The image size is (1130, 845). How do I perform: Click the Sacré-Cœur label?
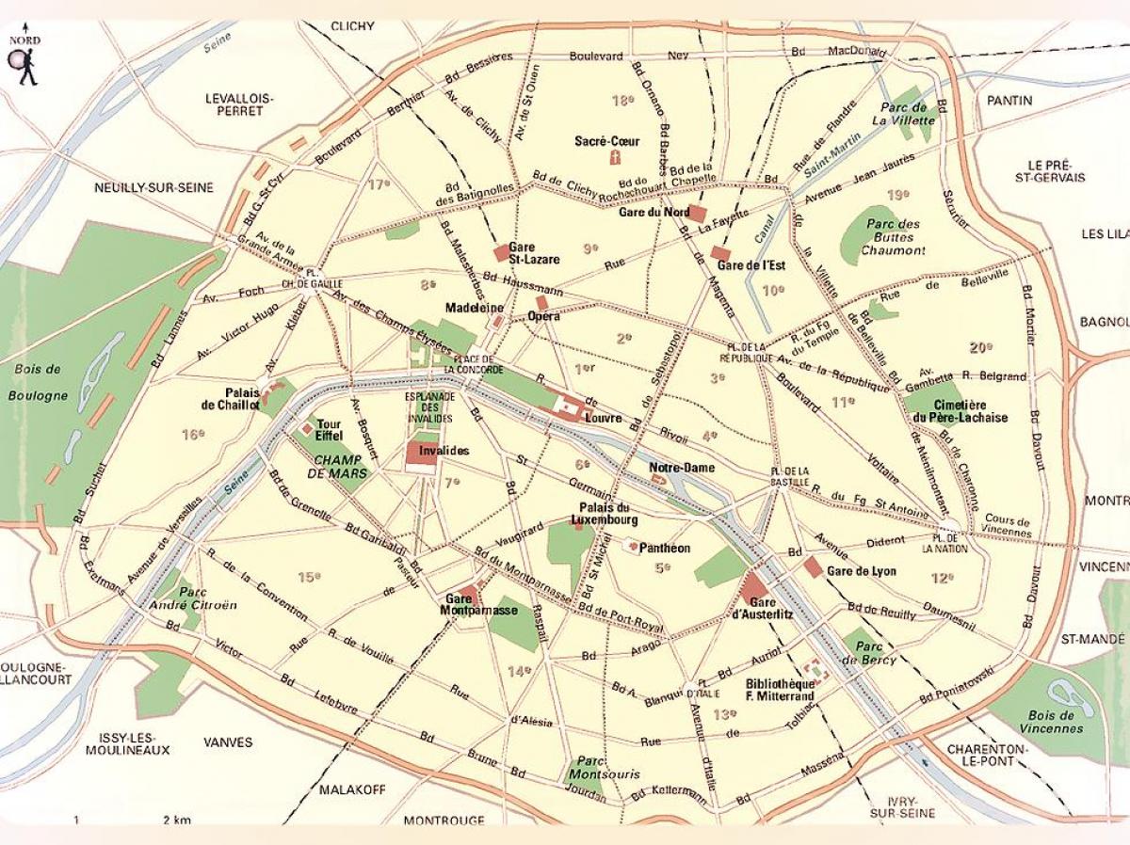click(606, 141)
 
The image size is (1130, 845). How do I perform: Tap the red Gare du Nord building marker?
click(697, 214)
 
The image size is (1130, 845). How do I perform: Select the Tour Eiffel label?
click(329, 430)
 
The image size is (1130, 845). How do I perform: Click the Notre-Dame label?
click(681, 468)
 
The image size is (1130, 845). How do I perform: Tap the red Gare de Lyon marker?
click(813, 566)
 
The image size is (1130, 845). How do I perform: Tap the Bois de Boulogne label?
click(39, 382)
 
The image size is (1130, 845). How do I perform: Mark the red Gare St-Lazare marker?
click(502, 253)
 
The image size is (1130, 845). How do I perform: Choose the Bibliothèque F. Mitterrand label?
click(779, 690)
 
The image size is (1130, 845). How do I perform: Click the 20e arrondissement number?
click(980, 347)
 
